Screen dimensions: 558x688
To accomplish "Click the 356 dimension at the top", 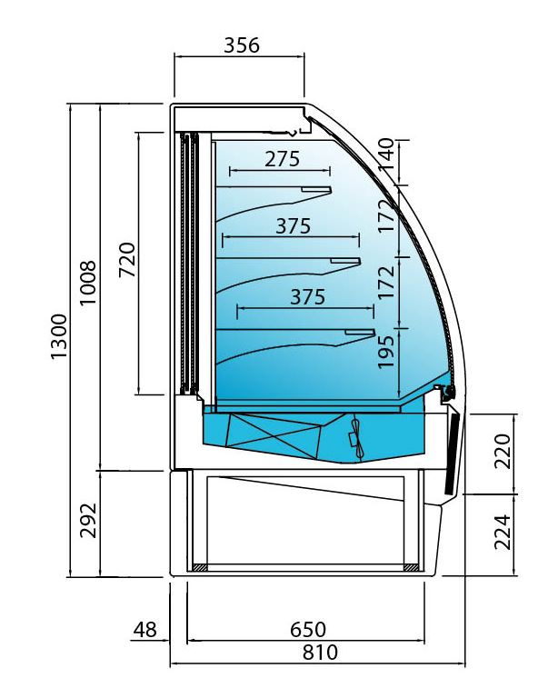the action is tap(242, 45).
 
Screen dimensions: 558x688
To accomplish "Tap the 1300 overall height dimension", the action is tap(59, 337).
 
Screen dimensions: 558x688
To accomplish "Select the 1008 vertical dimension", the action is tap(88, 283).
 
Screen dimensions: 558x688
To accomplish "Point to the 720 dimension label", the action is tap(127, 259).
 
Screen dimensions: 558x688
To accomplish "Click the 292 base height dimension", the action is tap(88, 521).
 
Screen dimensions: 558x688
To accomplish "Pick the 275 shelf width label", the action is tap(282, 159).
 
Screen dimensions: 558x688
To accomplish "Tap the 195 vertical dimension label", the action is tap(386, 353).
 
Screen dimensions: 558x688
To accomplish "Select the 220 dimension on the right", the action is tap(503, 451).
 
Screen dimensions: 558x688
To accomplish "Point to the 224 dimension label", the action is tap(503, 533).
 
